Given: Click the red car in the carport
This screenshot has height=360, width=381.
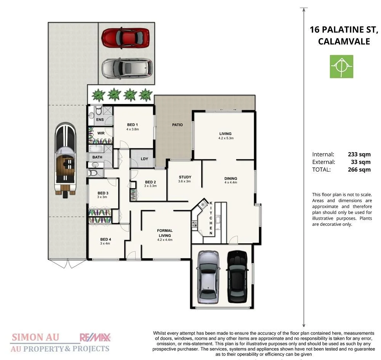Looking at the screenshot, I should (x=125, y=37).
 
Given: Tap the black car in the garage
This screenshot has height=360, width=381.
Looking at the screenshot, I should (x=237, y=276).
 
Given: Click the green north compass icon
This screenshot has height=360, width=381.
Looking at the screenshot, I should (x=341, y=66).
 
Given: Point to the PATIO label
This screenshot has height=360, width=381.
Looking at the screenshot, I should (x=177, y=125).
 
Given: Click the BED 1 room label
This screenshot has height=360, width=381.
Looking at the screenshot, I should (x=132, y=125).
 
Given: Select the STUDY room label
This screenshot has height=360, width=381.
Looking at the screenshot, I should (x=185, y=177).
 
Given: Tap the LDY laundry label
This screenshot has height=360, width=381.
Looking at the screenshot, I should (x=144, y=159).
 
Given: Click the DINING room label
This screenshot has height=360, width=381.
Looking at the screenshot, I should (x=231, y=178).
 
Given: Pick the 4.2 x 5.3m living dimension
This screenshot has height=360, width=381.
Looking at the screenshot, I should (x=225, y=138).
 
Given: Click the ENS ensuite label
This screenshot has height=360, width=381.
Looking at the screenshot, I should (x=100, y=120).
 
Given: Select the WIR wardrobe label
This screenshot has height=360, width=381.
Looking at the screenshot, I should (x=101, y=133).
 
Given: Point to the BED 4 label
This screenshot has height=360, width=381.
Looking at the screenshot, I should (x=105, y=239).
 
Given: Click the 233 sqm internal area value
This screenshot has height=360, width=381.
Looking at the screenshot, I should (x=359, y=154).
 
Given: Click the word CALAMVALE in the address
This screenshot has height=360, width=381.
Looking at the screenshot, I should (x=344, y=42).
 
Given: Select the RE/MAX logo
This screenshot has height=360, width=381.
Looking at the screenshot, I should (x=95, y=337).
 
